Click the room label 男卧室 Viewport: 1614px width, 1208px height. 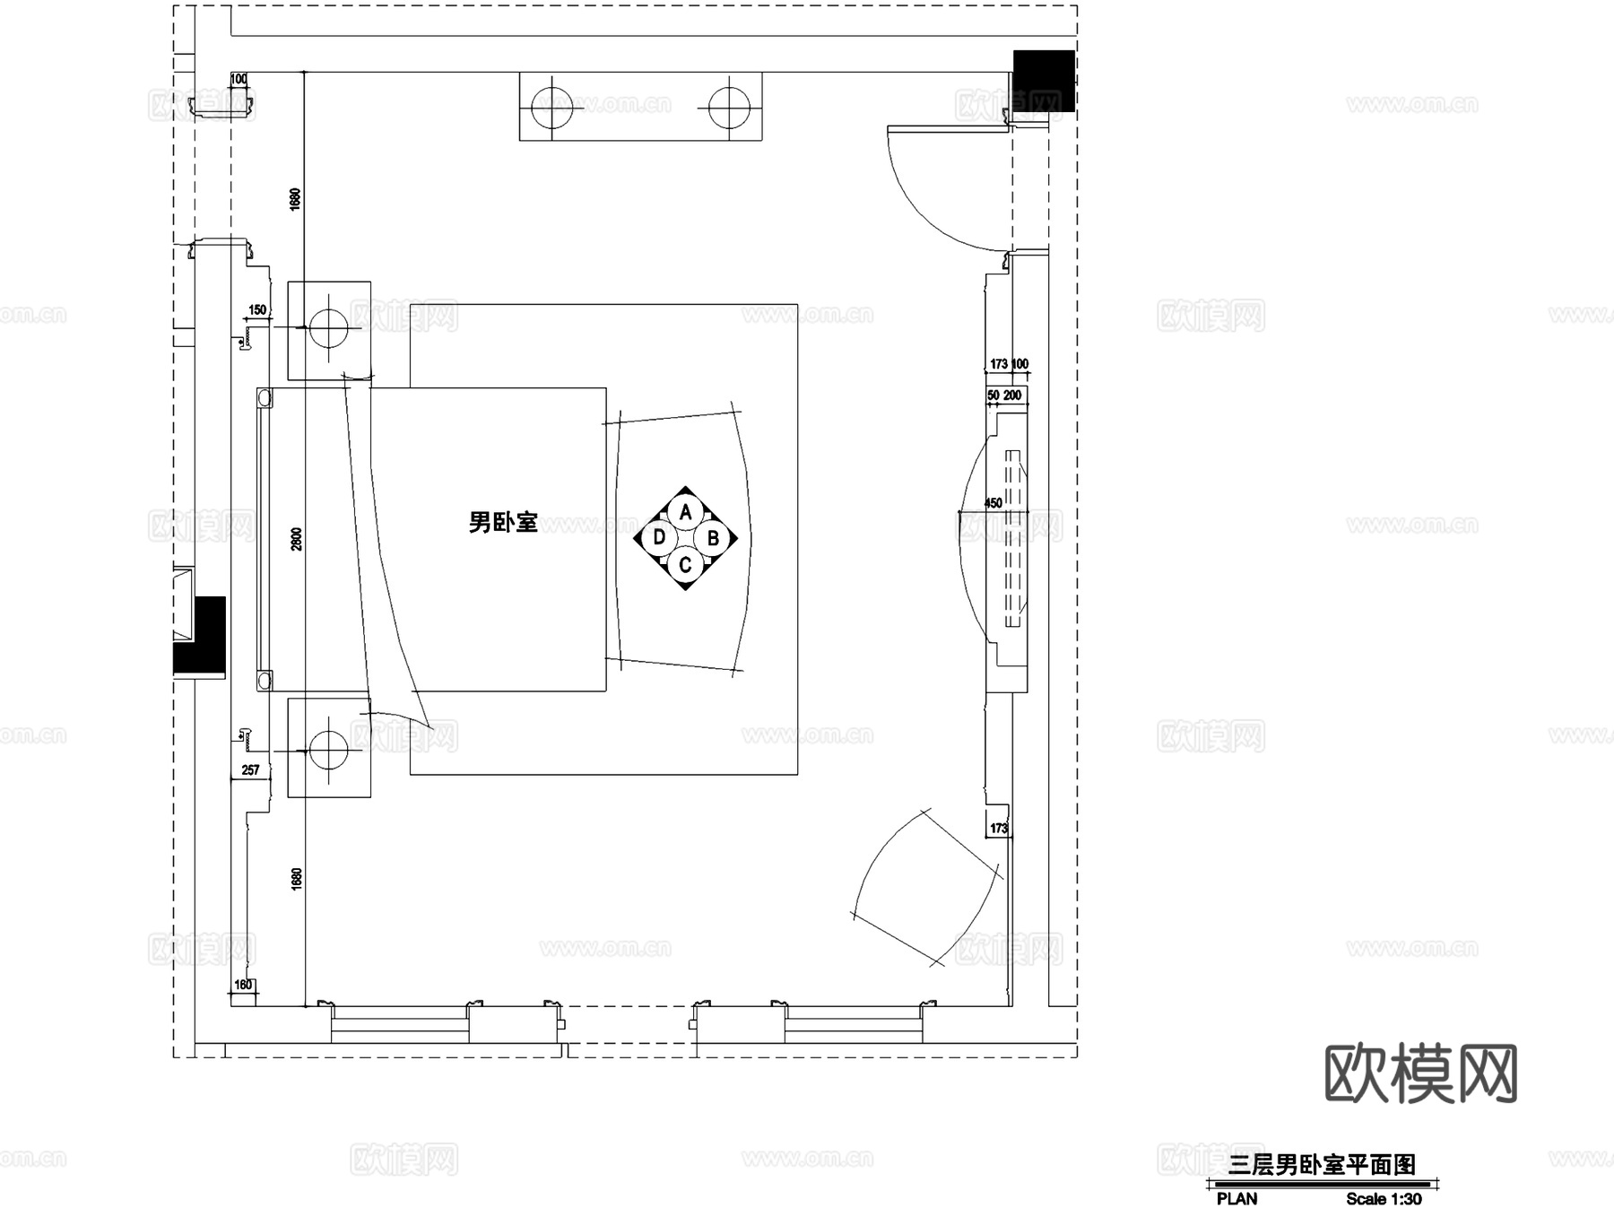point(502,522)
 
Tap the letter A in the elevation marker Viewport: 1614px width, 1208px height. point(686,512)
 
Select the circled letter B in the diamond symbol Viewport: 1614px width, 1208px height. point(713,538)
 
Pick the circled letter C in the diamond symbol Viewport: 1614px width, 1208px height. point(685,565)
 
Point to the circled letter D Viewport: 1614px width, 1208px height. point(659,537)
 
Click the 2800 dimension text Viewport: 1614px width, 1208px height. point(297,538)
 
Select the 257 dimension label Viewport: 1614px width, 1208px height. point(250,769)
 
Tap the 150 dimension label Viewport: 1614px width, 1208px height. point(257,310)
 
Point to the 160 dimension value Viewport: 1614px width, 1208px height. point(243,985)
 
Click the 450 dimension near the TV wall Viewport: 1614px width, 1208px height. point(994,503)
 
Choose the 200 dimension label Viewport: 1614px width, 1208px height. point(1012,395)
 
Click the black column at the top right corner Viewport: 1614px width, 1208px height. point(1044,81)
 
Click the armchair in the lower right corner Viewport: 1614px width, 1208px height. point(928,888)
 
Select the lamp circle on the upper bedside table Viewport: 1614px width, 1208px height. point(328,328)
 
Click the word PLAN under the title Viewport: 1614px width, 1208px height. point(1237,1199)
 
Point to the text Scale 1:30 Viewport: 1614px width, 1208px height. point(1384,1199)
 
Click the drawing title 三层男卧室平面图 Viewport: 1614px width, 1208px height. point(1322,1165)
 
